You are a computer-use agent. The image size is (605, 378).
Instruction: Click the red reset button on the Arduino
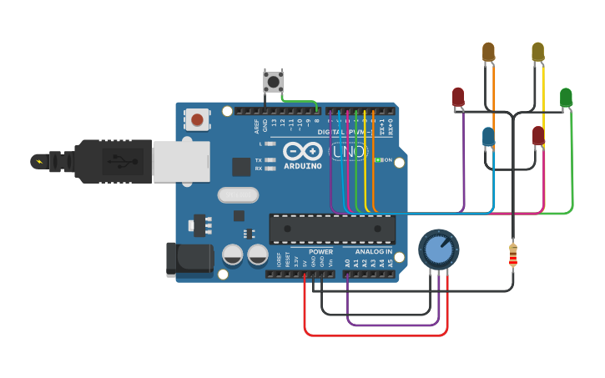197,119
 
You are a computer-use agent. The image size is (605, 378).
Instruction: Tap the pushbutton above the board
273,82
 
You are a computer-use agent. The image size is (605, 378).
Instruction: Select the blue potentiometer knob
438,249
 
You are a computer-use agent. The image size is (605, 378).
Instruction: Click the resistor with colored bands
512,255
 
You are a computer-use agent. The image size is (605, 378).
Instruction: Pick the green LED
566,98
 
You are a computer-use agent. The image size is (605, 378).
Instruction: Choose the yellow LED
538,53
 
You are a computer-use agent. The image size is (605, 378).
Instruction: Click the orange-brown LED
488,53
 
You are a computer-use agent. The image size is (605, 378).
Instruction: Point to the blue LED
488,136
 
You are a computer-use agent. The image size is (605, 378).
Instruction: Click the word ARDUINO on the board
302,166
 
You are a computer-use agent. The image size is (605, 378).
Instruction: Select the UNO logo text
349,152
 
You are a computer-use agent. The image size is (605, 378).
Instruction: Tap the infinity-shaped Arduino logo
301,151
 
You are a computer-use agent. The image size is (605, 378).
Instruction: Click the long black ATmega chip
332,229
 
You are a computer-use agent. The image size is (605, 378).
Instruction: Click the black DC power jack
184,259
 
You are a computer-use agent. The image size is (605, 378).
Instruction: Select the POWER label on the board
320,251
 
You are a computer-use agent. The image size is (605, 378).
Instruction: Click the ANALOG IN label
374,251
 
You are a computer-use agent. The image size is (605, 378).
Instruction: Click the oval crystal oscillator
238,195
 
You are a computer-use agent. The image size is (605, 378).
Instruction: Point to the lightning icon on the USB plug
38,160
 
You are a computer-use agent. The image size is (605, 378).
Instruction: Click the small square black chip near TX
241,167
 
